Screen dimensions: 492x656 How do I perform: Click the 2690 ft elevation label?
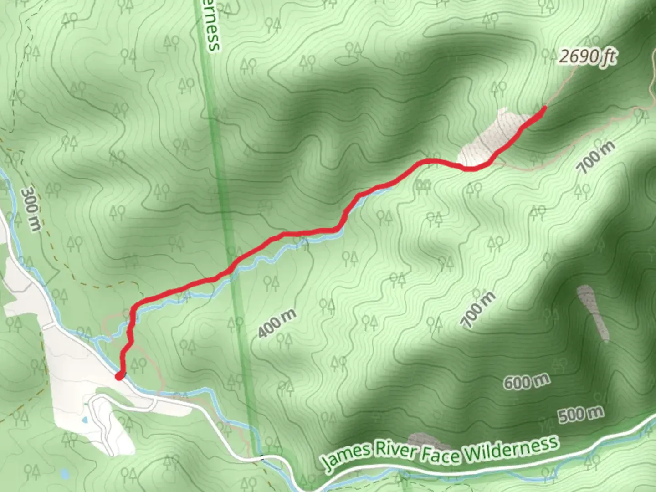coord(588,57)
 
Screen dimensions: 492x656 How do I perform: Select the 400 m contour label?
coord(277,323)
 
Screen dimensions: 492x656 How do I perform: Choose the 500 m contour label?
coord(581,415)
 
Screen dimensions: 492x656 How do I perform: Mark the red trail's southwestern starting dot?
coord(119,376)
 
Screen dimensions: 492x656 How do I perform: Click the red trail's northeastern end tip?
coord(544,108)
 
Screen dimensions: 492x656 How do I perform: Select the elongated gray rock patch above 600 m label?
coord(594,312)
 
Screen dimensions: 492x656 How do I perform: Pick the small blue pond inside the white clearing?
coord(85,420)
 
